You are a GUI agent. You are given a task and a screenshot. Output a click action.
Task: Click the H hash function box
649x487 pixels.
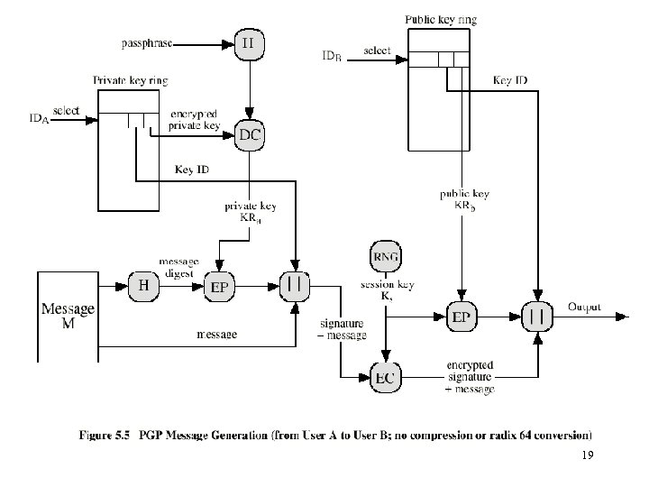[x=143, y=286]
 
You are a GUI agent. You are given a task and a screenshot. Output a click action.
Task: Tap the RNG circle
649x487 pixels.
[x=385, y=256]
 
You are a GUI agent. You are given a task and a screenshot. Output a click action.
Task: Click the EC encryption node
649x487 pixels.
[x=385, y=377]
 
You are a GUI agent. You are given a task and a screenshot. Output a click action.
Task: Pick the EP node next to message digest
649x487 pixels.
[x=221, y=288]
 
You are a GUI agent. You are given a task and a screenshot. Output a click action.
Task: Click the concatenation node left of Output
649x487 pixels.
[x=538, y=316]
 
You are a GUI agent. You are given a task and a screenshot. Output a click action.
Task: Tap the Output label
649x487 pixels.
[x=585, y=308]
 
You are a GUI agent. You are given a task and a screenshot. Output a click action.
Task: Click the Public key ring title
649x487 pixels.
[x=441, y=18]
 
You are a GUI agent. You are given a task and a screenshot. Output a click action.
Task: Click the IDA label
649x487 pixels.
[x=39, y=117]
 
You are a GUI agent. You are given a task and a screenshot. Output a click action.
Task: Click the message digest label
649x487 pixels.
[x=178, y=269]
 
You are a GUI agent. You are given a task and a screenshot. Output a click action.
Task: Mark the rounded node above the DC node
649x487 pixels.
[x=249, y=41]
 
